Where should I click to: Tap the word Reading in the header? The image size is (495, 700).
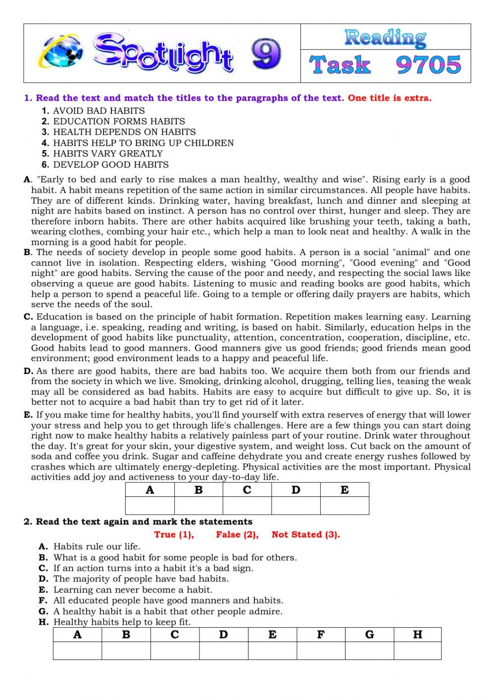[385, 37]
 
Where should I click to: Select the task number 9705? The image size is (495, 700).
[429, 65]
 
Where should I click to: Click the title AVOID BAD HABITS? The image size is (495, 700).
[99, 110]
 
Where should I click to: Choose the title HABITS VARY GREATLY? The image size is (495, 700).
[107, 154]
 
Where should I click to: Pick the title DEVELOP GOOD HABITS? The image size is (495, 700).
[110, 164]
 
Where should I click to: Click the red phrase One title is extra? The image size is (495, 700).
[390, 98]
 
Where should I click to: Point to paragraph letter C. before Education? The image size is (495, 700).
[28, 317]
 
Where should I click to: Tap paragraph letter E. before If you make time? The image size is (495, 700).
[28, 415]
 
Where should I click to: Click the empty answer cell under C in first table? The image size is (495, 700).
[247, 506]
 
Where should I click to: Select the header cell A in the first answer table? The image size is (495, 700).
[150, 490]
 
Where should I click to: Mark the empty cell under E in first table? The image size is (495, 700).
[345, 506]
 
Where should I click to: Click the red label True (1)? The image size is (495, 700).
[174, 535]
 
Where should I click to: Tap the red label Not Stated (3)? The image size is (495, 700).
[305, 535]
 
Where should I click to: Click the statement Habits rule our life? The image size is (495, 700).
[97, 546]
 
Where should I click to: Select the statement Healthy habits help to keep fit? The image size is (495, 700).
[122, 622]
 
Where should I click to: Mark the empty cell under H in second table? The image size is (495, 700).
[417, 651]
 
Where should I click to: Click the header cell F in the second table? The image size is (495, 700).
[321, 635]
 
